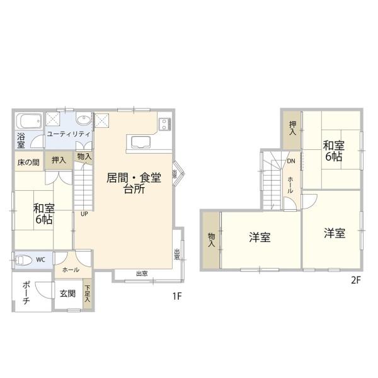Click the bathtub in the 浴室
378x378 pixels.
(x=28, y=121)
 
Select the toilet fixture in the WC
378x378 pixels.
(x=23, y=260)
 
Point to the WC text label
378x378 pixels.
(x=40, y=260)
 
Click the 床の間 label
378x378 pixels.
(x=27, y=161)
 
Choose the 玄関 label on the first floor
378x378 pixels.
(x=67, y=294)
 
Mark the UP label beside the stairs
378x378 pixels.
(x=83, y=213)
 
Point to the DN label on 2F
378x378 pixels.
(x=290, y=161)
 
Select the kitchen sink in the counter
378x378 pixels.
(x=139, y=141)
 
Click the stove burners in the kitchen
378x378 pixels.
(x=164, y=122)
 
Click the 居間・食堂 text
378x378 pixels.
(x=134, y=178)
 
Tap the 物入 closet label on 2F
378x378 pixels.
(x=211, y=239)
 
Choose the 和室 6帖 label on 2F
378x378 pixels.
(x=333, y=151)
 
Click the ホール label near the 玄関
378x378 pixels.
(x=70, y=270)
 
